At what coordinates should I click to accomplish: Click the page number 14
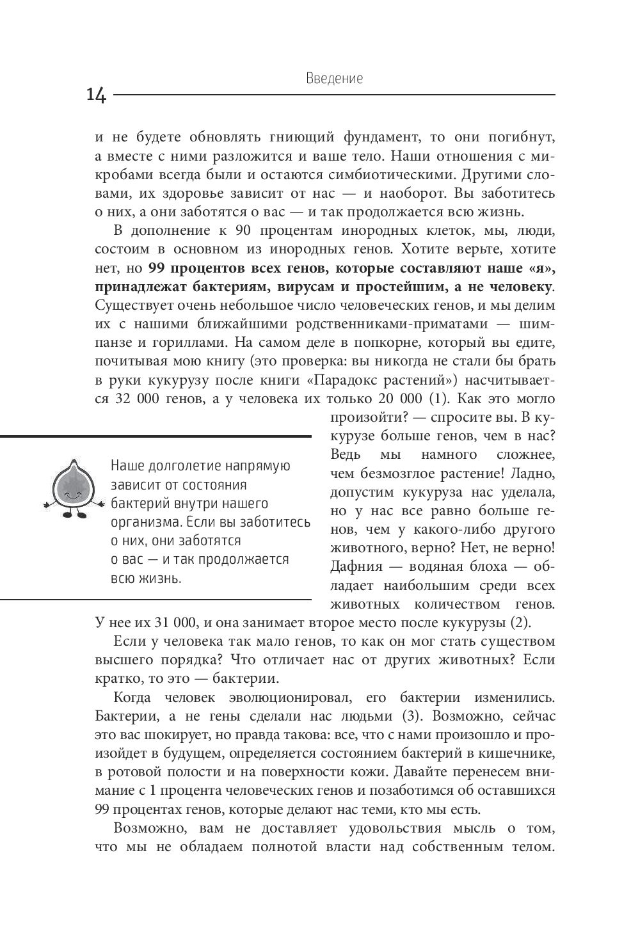[x=97, y=95]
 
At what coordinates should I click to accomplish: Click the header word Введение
[x=334, y=79]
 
